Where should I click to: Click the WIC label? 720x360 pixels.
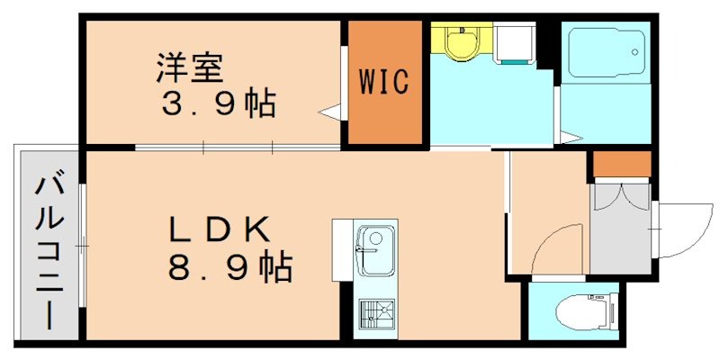tap(386, 81)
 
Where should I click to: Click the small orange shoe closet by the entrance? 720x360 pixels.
tap(621, 164)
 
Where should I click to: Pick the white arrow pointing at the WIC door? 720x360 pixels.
tap(331, 112)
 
